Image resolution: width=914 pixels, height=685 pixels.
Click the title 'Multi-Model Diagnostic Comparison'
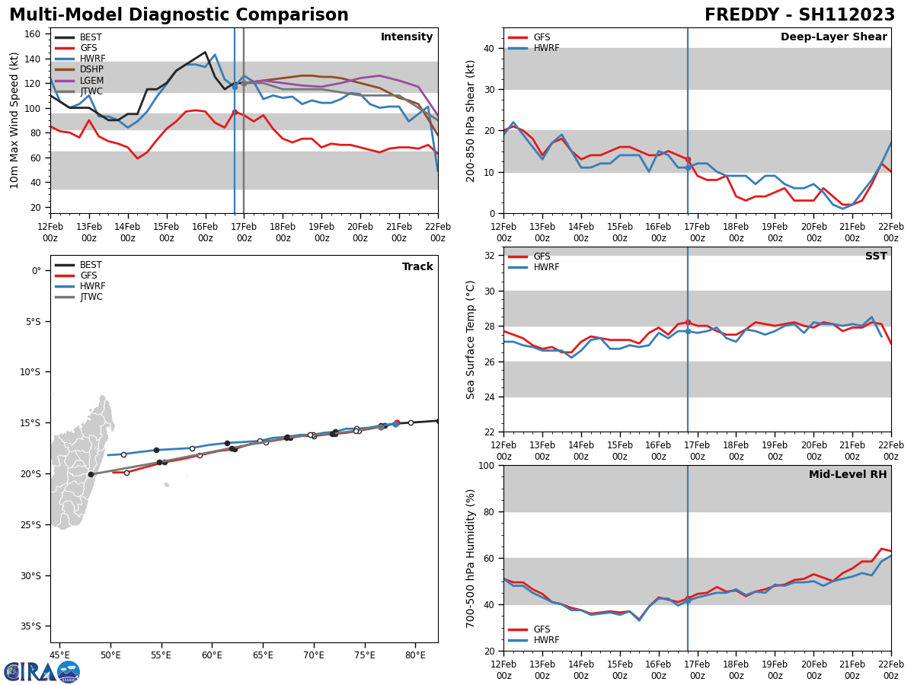pyautogui.click(x=179, y=15)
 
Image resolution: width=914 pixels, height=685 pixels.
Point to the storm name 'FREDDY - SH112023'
pyautogui.click(x=799, y=15)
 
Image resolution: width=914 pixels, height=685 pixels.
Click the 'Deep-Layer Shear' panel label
pyautogui.click(x=833, y=37)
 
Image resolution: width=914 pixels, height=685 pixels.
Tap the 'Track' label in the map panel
pyautogui.click(x=417, y=267)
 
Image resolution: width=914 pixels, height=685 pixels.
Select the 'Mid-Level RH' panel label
pyautogui.click(x=847, y=475)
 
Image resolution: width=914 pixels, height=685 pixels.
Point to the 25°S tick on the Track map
pyautogui.click(x=31, y=524)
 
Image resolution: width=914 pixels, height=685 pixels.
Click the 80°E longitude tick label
pyautogui.click(x=415, y=655)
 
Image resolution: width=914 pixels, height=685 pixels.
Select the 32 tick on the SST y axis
pyautogui.click(x=490, y=255)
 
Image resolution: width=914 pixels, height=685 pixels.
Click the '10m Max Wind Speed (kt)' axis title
pyautogui.click(x=14, y=120)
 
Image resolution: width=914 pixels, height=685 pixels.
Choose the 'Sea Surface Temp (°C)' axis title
pyautogui.click(x=471, y=339)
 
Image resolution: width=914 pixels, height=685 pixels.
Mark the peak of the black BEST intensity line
pyautogui.click(x=205, y=53)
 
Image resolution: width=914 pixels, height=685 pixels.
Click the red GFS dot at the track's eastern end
pyautogui.click(x=397, y=422)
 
